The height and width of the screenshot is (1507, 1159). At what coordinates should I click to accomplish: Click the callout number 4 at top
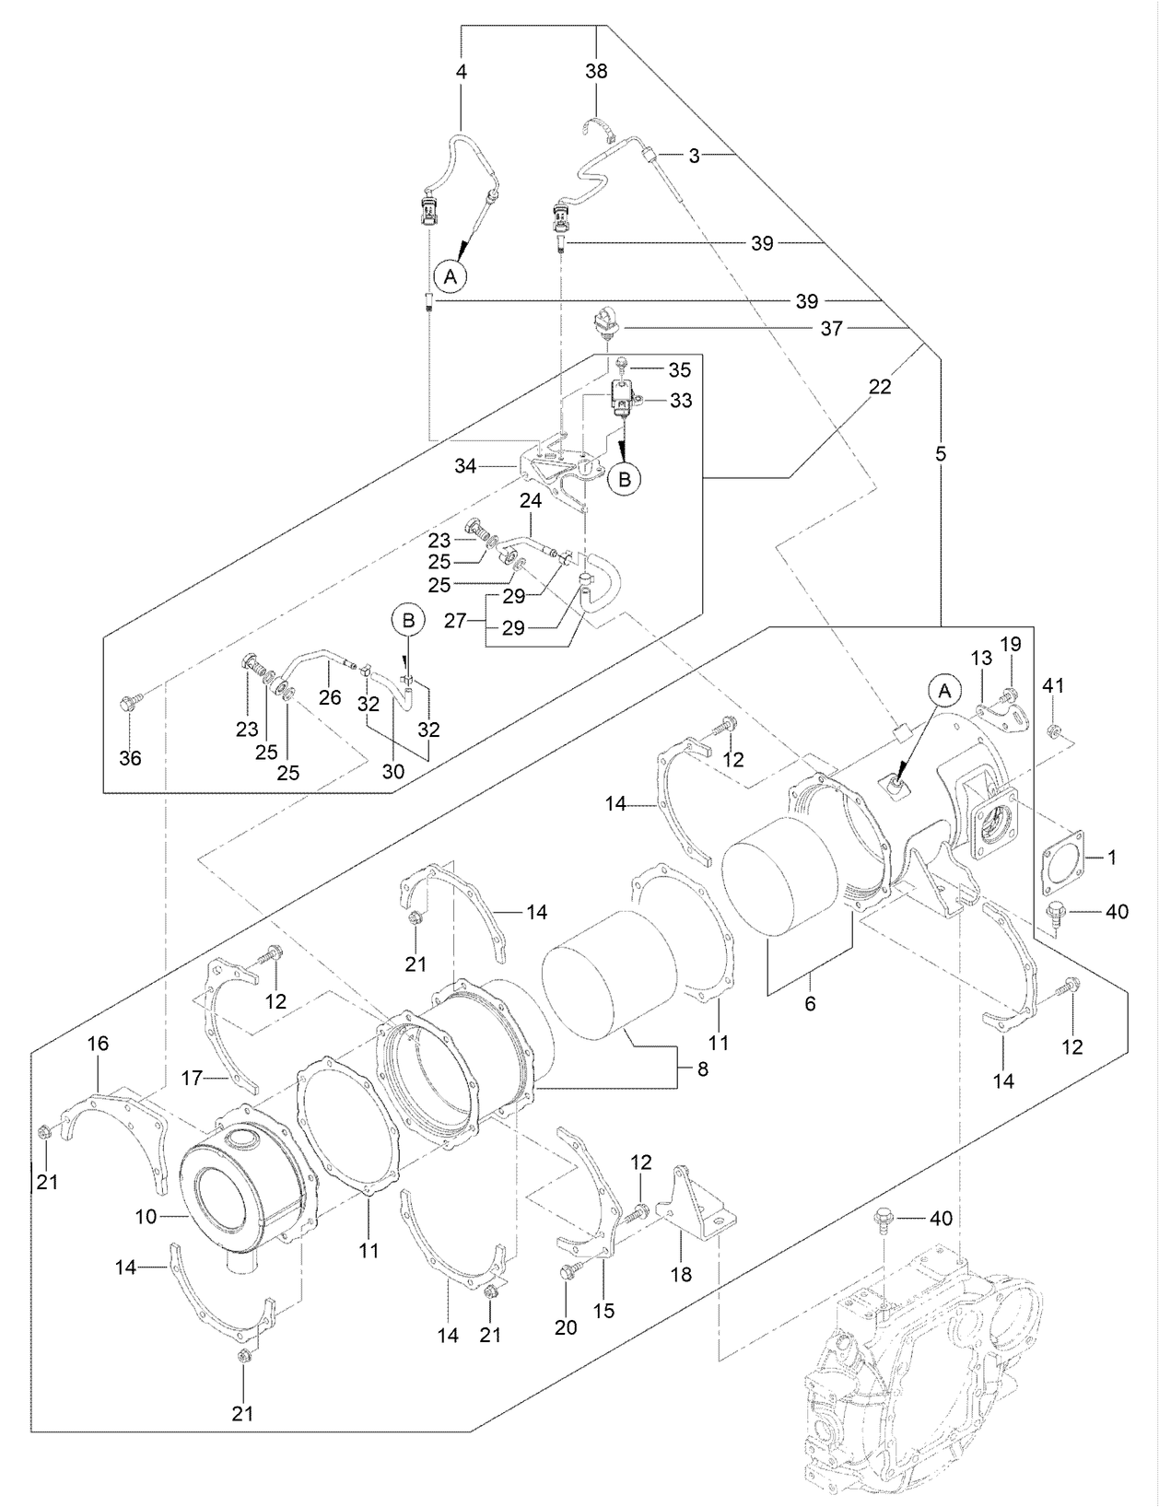click(461, 70)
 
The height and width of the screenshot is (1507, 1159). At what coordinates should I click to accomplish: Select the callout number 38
click(597, 70)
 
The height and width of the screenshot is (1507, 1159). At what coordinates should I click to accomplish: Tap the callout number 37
click(831, 329)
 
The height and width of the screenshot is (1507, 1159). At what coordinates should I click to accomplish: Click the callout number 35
click(679, 370)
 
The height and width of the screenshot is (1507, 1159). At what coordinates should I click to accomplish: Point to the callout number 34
click(465, 467)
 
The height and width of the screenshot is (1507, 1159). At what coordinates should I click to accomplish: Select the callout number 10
click(146, 1217)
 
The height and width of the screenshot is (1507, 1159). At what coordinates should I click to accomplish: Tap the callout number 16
click(98, 1044)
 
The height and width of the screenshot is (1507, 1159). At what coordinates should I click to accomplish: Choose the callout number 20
click(566, 1327)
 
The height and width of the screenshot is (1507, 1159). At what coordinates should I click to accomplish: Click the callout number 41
click(1054, 685)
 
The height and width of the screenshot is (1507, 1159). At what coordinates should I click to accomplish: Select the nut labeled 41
click(1054, 731)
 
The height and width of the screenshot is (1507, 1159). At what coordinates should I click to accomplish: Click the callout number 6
click(810, 1003)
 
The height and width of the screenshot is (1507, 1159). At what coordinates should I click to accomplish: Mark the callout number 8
click(702, 1071)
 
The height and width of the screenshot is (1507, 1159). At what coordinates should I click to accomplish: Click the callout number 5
click(940, 454)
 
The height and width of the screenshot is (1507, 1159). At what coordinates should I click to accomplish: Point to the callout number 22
click(880, 388)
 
